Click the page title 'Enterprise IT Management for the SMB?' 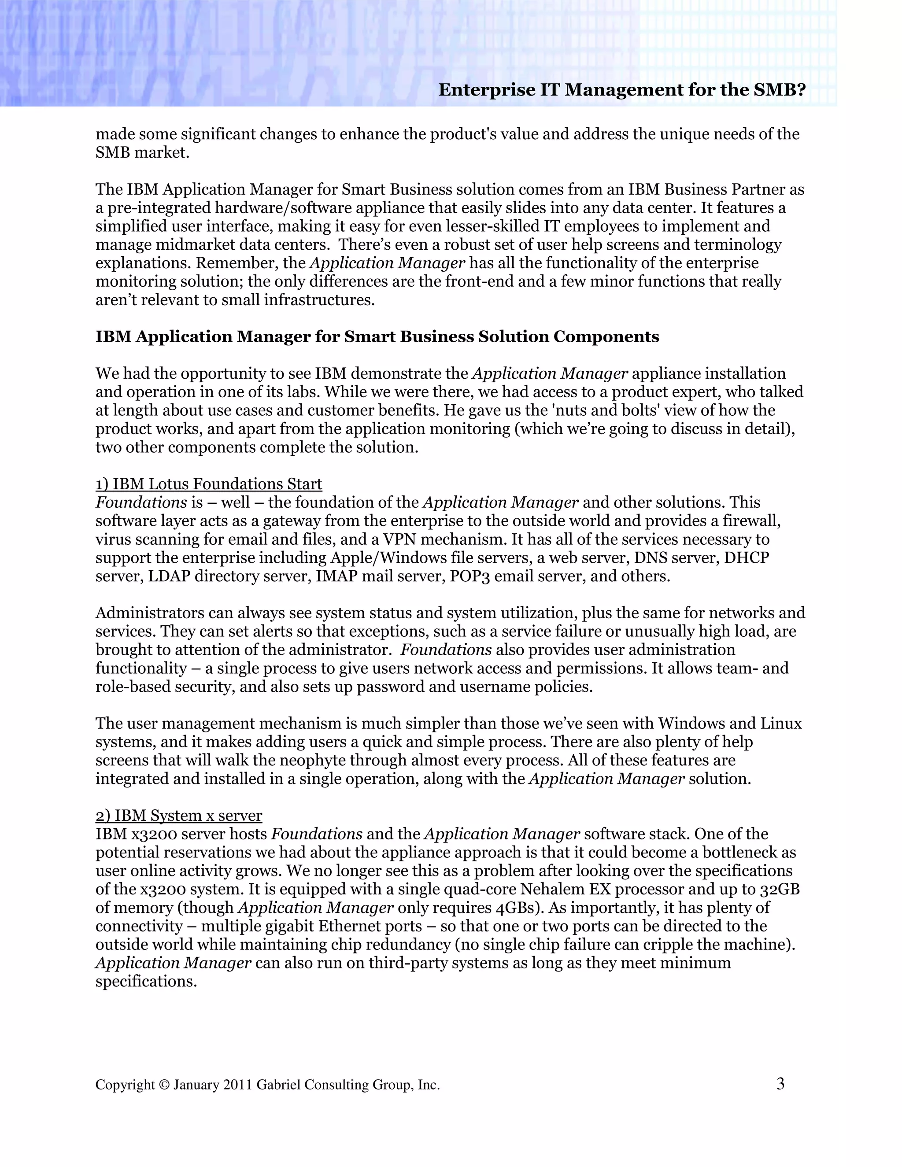[621, 90]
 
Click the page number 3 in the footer [780, 1084]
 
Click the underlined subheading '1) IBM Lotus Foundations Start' [208, 484]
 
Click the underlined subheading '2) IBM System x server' [178, 816]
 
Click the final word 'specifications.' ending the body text [146, 982]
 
